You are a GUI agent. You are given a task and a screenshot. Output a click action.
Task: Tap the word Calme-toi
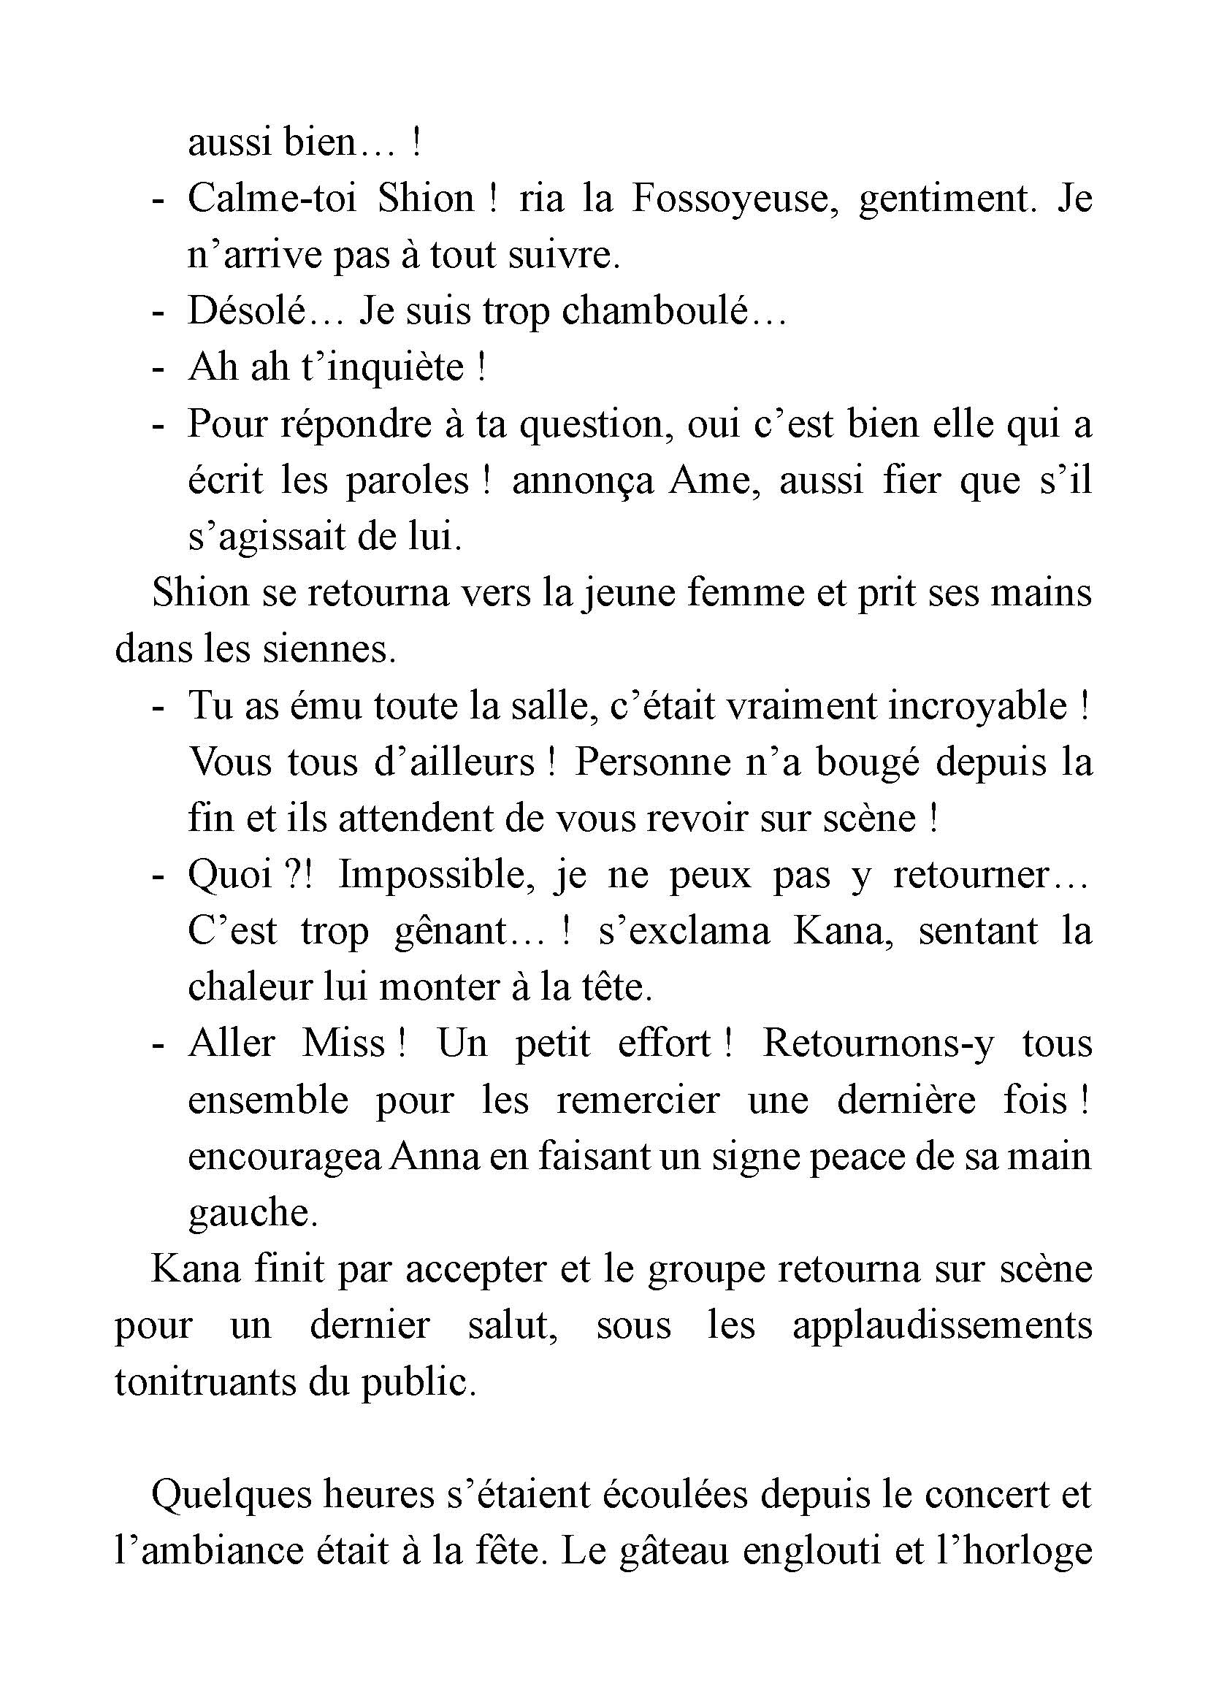coord(272,199)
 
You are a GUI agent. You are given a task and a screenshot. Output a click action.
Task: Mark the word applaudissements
coord(941,1328)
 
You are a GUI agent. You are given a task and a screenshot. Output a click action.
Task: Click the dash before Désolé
coord(157,313)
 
